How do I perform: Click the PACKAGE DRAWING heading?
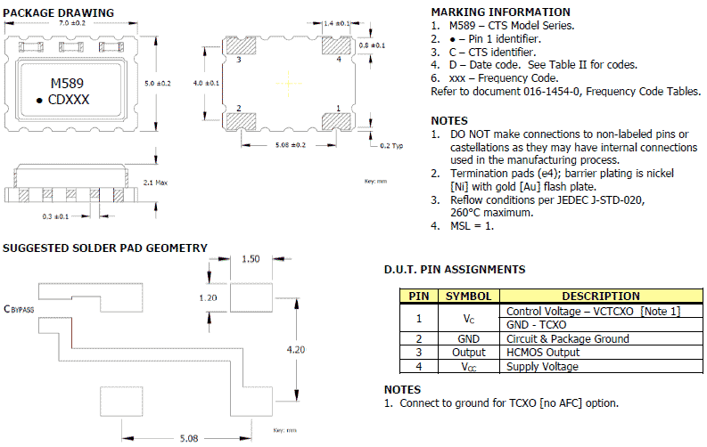click(x=59, y=12)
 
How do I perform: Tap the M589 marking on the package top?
click(x=68, y=83)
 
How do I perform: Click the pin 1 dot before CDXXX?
click(x=40, y=101)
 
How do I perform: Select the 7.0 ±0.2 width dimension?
click(x=71, y=23)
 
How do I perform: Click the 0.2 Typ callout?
click(x=391, y=144)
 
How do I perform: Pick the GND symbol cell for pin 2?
click(x=468, y=338)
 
